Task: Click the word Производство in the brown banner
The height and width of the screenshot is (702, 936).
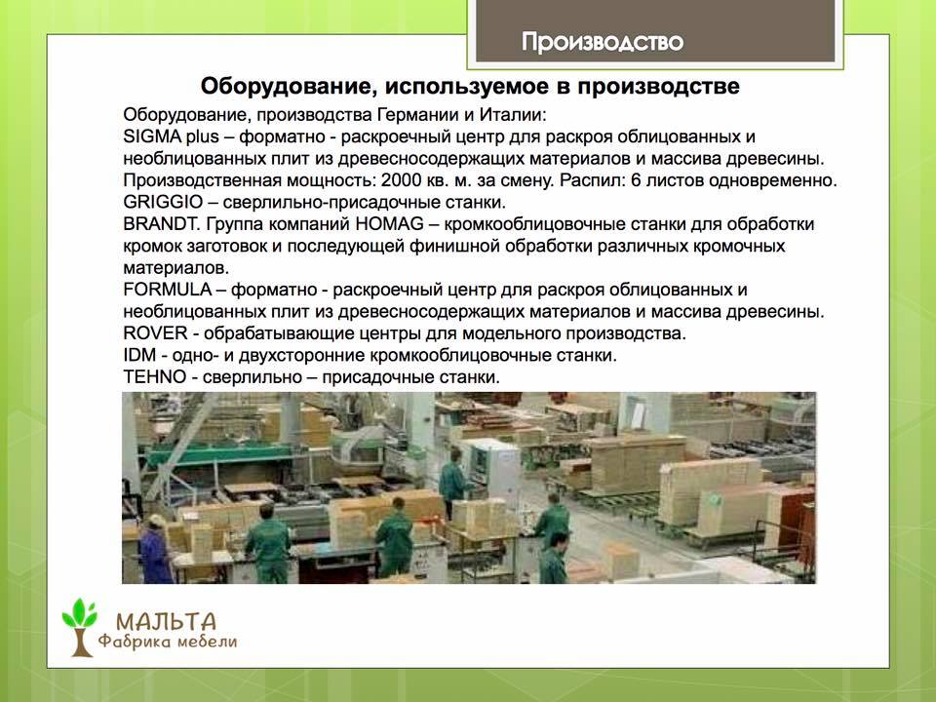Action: click(x=603, y=42)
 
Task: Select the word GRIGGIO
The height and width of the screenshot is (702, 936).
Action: click(x=163, y=203)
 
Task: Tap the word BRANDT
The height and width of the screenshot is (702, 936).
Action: click(x=161, y=224)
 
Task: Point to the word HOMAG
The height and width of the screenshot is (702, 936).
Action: click(x=389, y=224)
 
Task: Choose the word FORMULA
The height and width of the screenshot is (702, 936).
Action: click(x=167, y=291)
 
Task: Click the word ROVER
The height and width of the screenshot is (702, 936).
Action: click(x=155, y=333)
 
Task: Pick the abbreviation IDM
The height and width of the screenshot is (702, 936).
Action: click(x=139, y=355)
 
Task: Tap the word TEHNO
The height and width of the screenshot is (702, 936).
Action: click(x=155, y=377)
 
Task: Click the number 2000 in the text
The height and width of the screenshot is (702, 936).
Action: click(x=402, y=180)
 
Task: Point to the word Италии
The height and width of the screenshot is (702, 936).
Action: click(x=514, y=115)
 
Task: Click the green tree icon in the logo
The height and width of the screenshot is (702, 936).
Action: click(x=79, y=627)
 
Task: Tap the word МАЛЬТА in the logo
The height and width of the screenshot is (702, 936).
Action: click(x=166, y=622)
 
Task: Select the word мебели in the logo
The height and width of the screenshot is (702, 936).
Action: click(x=207, y=643)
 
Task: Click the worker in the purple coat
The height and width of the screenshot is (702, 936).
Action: click(x=155, y=550)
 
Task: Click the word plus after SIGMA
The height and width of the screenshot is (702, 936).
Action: click(x=203, y=137)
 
